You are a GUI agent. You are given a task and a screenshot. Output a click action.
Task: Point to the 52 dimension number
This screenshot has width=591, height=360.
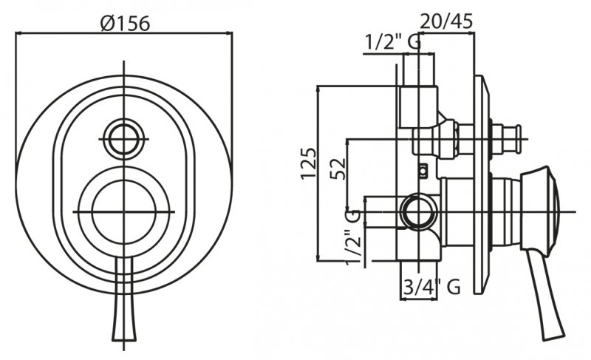click(338, 169)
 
